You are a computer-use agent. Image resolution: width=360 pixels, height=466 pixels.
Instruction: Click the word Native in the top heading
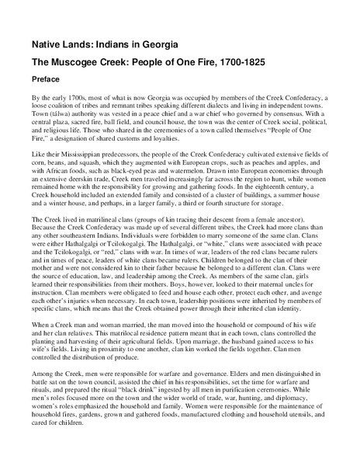(x=48, y=37)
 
